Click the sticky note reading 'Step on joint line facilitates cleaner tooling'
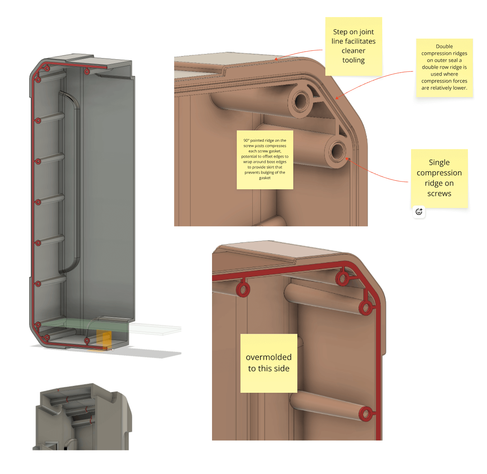pos(353,46)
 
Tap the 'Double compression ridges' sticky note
pos(444,67)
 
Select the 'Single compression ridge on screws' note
pos(439,178)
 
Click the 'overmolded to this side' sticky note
pos(268,363)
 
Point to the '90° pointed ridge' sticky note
pos(265,160)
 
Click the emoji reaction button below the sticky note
pos(419,212)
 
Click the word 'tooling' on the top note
pos(353,60)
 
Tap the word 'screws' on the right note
pos(439,193)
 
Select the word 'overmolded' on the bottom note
pos(268,357)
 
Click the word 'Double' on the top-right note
pos(444,46)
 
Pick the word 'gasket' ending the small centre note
pos(264,178)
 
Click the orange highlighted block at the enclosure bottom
pos(104,340)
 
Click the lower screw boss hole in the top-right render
pos(337,151)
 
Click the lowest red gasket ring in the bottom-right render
pos(366,414)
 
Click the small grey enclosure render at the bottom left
pos(82,417)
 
